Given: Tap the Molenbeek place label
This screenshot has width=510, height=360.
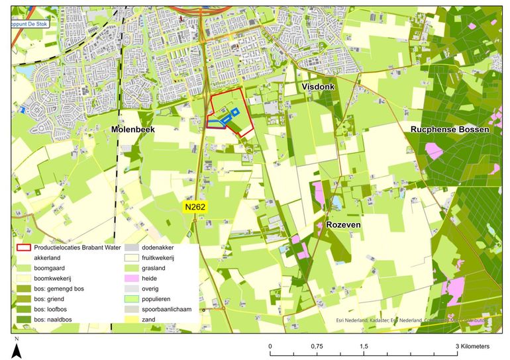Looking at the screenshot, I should [x=132, y=130].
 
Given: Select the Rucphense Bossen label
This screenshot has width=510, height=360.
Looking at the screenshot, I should [x=450, y=130].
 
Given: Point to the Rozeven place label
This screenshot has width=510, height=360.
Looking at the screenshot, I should [x=344, y=226].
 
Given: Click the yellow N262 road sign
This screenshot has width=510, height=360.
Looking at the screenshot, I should [x=195, y=207].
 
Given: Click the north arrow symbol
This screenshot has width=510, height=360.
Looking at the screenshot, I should [x=17, y=348].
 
